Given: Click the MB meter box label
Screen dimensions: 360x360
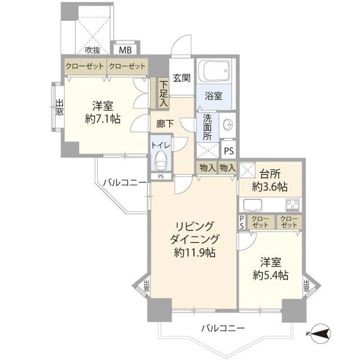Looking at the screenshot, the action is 125,50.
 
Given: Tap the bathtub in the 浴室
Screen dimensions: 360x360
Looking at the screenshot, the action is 214,71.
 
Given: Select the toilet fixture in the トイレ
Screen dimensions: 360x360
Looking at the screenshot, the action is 160,160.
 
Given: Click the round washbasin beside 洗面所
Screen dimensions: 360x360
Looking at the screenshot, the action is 229,125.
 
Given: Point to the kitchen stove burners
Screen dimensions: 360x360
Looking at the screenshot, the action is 293,205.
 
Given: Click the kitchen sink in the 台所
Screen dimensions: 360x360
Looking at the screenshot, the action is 253,205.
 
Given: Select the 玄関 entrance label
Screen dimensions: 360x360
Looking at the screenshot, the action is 182,78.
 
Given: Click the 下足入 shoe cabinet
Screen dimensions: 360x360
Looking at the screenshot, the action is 164,94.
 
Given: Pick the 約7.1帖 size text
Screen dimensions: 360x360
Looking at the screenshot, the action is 103,119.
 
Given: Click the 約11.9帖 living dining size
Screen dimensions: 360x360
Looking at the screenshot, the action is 194,253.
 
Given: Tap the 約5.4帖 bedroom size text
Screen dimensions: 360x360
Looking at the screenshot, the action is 271,275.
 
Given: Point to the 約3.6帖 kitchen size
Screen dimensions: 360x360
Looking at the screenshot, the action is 270,187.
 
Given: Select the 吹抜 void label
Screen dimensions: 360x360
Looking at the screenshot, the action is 93,50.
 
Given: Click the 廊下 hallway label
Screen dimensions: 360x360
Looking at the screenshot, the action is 165,124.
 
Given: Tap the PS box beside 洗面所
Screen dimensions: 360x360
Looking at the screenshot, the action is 229,151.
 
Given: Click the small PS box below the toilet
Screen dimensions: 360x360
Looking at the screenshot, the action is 161,176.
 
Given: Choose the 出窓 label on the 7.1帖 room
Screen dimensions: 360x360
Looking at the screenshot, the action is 59,107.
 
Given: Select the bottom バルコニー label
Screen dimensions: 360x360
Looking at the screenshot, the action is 223,328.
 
